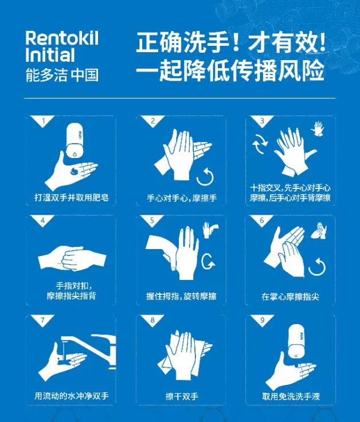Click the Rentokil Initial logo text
62,46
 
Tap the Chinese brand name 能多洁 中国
62,75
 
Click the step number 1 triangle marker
43,121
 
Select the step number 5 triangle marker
152,220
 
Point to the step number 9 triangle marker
262,320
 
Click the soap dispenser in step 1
75,141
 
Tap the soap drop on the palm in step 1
74,171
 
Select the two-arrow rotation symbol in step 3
260,144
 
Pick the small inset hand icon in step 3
318,129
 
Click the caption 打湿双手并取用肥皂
72,198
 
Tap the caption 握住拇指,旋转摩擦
181,296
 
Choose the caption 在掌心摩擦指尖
291,297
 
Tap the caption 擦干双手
182,396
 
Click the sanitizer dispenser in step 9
297,341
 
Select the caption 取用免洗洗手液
291,396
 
